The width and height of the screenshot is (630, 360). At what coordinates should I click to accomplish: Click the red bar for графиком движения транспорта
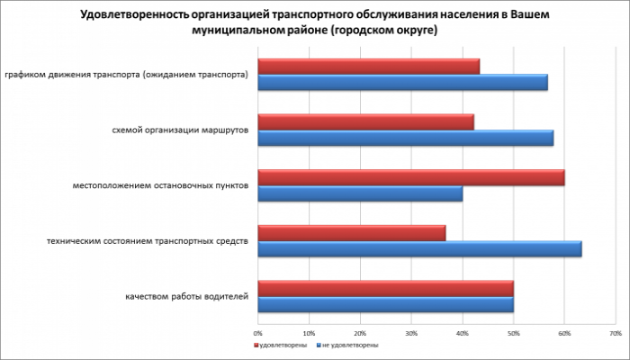[369, 67]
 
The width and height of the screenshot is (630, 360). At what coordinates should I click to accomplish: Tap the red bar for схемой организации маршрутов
[365, 122]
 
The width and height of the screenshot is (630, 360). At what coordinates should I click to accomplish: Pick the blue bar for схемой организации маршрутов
[405, 139]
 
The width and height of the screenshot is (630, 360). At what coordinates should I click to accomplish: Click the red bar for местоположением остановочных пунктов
[411, 178]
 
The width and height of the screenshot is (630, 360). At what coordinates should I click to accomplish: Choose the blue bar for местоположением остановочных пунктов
[360, 193]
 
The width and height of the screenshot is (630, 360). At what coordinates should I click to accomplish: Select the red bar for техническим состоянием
[352, 233]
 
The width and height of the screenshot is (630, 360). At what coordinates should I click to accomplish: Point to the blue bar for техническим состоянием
[419, 249]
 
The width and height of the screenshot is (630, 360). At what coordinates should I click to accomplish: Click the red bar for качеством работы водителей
[385, 289]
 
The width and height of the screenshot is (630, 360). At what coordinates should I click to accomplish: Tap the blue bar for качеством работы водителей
[385, 305]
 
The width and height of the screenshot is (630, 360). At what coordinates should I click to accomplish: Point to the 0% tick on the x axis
[259, 333]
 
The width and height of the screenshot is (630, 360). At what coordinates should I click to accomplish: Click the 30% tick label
[411, 333]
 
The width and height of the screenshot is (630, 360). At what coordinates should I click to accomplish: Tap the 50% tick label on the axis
[513, 333]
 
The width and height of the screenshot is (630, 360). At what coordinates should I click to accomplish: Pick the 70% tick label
[615, 333]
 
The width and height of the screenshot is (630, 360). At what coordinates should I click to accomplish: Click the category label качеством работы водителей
[184, 297]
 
